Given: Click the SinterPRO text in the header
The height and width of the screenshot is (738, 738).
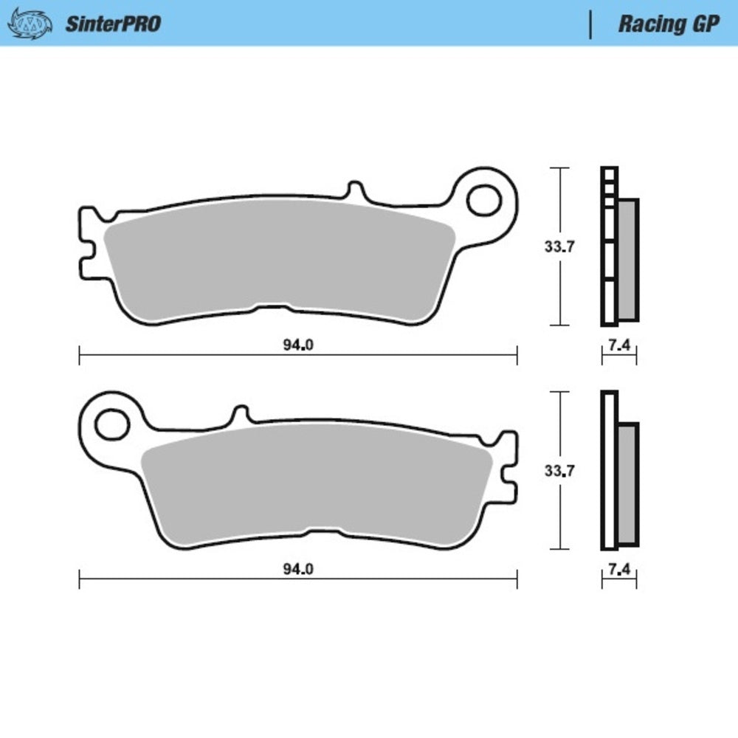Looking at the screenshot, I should pyautogui.click(x=113, y=23).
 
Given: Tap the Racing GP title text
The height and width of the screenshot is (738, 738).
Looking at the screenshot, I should pyautogui.click(x=668, y=23).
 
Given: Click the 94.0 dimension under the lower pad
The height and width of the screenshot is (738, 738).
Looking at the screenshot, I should pyautogui.click(x=298, y=569).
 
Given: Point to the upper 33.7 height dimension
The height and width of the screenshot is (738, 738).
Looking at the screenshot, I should pyautogui.click(x=559, y=247).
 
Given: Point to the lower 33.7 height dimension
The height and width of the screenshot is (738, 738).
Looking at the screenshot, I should pyautogui.click(x=559, y=470).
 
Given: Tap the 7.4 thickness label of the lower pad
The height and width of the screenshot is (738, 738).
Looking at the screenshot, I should pyautogui.click(x=618, y=569).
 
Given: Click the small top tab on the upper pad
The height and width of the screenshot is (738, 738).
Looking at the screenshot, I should pyautogui.click(x=356, y=190).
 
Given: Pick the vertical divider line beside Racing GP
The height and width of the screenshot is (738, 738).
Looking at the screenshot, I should pyautogui.click(x=590, y=24).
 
